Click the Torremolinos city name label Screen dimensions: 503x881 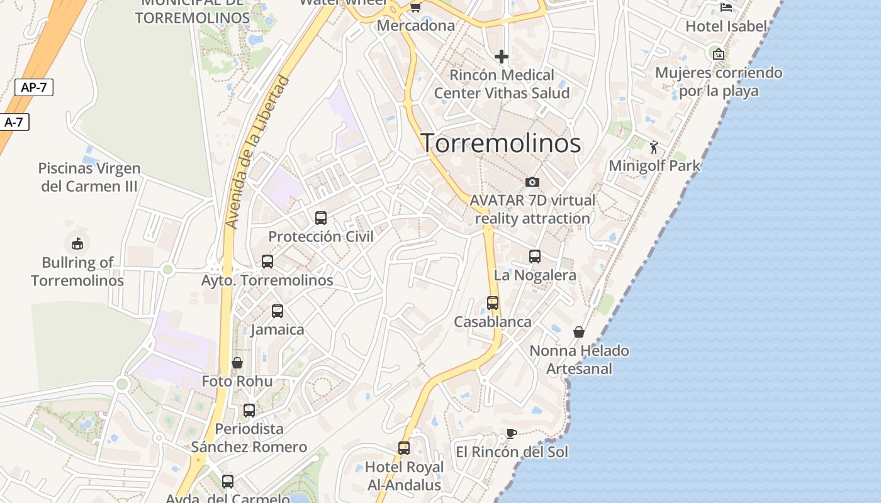500,143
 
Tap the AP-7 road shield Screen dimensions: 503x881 34,87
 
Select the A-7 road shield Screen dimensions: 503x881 14,122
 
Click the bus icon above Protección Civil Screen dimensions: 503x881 321,218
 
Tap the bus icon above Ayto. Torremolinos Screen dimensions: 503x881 267,262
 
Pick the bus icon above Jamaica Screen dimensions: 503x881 278,311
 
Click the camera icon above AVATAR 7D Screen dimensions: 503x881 532,182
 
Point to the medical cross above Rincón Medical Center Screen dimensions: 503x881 502,57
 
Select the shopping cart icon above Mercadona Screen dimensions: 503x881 415,8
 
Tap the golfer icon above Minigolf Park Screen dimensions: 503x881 654,147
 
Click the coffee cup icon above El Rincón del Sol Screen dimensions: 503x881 512,433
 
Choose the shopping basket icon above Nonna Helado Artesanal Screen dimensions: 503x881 579,332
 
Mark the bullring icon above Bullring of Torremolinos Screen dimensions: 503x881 77,243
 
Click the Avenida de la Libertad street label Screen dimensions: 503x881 257,152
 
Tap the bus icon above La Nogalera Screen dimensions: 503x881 535,257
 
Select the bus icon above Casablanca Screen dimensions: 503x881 493,303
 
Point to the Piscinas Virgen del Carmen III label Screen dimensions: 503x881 89,177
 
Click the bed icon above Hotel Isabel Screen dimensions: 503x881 726,8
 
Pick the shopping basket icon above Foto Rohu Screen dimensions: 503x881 237,363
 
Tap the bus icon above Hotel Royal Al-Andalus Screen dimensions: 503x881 404,448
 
